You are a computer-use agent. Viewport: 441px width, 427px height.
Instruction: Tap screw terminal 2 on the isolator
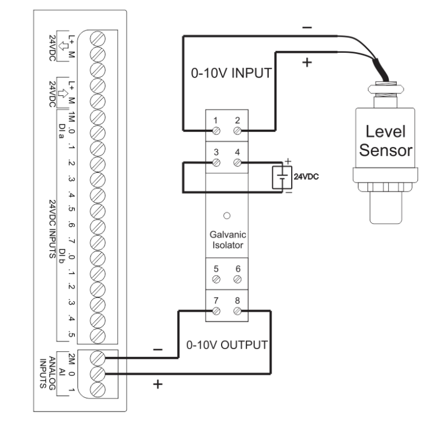[237, 131]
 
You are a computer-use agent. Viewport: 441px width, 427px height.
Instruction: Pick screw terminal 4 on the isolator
[237, 163]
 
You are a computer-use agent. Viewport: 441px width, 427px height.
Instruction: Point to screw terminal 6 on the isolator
[237, 280]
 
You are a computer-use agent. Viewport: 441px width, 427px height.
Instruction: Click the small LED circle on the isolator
[226, 216]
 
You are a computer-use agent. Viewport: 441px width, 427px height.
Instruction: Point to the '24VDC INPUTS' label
[52, 230]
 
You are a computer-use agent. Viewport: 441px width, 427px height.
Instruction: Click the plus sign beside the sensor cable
[305, 61]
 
